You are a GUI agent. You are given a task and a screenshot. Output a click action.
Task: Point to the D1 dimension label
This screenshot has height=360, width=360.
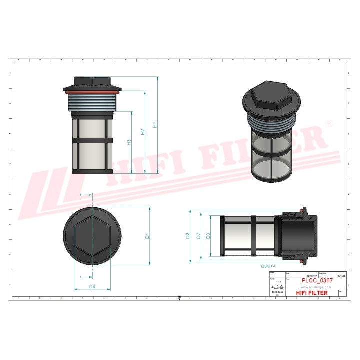tap(148, 235)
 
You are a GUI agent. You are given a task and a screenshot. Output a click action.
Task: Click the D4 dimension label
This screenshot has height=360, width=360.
tap(92, 286)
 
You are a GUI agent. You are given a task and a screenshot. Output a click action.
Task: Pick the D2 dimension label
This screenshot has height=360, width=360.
tap(187, 235)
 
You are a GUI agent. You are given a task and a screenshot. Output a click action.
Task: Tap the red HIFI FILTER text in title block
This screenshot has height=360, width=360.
tap(312, 293)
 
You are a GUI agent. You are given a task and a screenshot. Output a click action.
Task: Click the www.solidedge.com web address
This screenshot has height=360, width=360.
tap(310, 287)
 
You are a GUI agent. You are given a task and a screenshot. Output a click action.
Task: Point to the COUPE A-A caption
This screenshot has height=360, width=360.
tap(268, 267)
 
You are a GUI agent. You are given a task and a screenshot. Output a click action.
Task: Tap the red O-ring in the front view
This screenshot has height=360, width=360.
tap(92, 91)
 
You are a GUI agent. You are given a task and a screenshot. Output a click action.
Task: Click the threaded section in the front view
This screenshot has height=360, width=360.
tap(92, 102)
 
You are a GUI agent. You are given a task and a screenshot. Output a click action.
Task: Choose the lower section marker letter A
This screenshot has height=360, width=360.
tap(81, 276)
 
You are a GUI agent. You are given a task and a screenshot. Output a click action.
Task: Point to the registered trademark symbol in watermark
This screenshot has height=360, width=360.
tap(328, 123)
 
